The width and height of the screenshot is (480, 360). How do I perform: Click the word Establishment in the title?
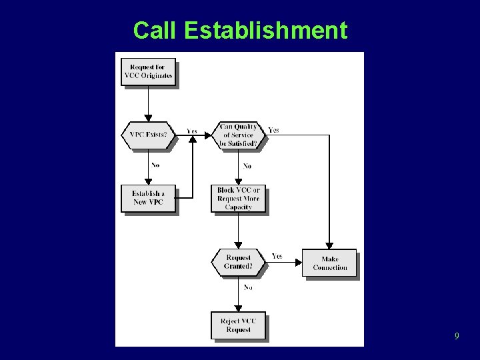pos(265,31)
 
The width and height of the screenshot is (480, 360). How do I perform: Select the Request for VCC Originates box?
pos(148,71)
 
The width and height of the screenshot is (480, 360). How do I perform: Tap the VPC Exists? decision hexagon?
pos(148,135)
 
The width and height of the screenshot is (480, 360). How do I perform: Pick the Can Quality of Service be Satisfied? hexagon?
pos(238,135)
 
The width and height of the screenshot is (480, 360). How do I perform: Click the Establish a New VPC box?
pos(148,198)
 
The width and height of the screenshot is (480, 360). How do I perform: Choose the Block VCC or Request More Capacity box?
pos(238,198)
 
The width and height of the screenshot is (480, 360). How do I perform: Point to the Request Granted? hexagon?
pos(238,262)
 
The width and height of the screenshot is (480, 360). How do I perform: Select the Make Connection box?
pos(329,263)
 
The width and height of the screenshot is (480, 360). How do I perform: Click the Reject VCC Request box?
pos(238,325)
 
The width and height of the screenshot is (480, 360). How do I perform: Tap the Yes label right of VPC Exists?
pos(192,131)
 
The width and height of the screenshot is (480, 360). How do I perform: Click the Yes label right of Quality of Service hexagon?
pos(273,130)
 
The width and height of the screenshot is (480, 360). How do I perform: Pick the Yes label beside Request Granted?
pos(277,256)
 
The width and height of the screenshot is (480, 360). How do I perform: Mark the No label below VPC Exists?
pos(155,165)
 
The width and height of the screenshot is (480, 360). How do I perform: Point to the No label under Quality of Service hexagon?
pos(247,166)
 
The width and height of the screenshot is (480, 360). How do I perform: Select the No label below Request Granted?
pos(247,287)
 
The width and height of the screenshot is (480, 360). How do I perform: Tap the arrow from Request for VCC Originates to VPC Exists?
pos(148,103)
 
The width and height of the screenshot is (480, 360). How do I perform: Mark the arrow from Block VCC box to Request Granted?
pos(238,231)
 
